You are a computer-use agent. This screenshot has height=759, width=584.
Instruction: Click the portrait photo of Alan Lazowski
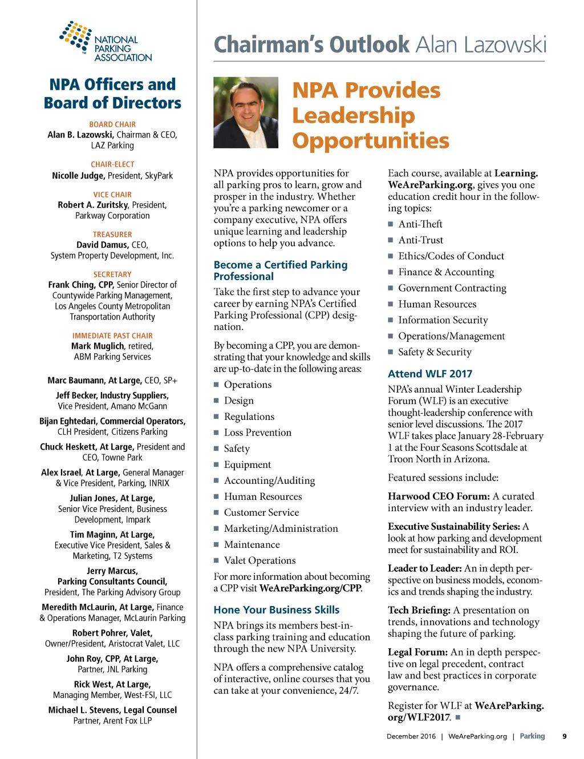(x=246, y=112)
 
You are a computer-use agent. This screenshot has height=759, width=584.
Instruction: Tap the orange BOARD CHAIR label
(x=112, y=124)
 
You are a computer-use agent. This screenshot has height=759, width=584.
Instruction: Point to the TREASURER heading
(x=112, y=235)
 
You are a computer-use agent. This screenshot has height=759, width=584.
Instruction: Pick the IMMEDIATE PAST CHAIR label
(x=112, y=336)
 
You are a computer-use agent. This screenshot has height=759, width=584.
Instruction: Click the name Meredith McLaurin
(x=78, y=607)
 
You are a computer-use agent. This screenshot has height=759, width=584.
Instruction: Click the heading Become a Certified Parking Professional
(x=280, y=271)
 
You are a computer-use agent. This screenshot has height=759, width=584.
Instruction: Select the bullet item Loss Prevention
(x=257, y=433)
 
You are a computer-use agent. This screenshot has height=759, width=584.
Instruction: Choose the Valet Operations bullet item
(x=259, y=560)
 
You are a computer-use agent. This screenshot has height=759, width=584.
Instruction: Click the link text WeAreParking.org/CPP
(x=310, y=588)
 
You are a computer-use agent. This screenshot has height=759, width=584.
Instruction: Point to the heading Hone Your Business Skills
(x=276, y=610)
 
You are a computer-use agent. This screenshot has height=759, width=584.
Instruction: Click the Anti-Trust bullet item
(x=420, y=240)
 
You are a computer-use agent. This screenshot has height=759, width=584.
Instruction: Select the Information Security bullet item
(x=443, y=320)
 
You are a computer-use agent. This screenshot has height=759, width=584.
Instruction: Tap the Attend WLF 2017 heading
(x=430, y=374)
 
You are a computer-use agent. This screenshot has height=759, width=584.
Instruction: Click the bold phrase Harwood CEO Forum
(x=439, y=496)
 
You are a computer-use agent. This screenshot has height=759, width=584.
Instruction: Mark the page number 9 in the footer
(x=564, y=736)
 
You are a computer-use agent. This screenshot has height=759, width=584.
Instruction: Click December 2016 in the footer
(x=411, y=736)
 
